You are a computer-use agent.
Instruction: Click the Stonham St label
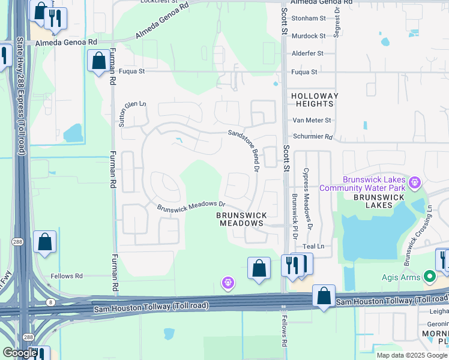[x=308, y=19]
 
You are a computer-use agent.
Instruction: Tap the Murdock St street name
[x=308, y=36]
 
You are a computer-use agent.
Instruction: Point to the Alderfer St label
[x=307, y=53]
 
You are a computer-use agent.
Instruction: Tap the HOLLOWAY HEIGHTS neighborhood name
[x=315, y=100]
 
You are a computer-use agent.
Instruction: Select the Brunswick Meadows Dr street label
[x=190, y=207]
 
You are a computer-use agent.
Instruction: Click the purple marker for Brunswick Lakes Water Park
[x=413, y=181]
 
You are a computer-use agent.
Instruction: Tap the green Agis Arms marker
[x=429, y=277]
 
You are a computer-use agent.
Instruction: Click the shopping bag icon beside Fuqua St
[x=98, y=61]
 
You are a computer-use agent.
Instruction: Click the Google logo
[x=20, y=353]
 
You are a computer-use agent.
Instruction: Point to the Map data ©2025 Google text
[x=412, y=355]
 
